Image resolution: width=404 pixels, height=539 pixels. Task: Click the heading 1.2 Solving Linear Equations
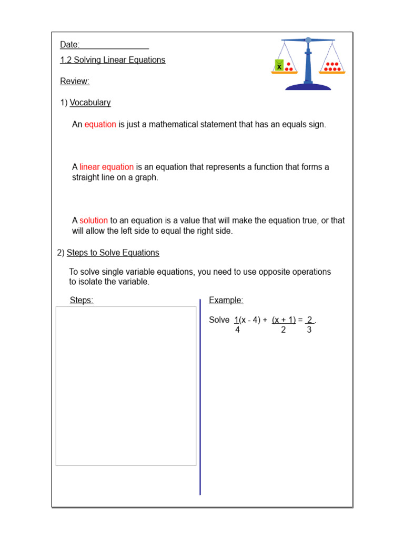tap(113, 60)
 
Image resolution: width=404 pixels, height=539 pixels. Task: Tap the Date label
tap(69, 45)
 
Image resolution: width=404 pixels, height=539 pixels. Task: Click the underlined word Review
tap(75, 81)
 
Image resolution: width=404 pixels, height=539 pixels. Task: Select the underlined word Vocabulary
tap(90, 103)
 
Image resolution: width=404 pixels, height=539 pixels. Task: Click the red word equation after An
tap(100, 125)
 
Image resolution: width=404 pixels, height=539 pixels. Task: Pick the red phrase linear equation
tap(106, 167)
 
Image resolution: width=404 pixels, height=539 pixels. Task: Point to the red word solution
tap(94, 221)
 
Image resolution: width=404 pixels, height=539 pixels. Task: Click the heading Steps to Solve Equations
tap(113, 253)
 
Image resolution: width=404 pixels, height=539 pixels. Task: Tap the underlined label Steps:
tap(82, 301)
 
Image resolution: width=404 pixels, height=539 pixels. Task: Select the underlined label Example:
tap(226, 301)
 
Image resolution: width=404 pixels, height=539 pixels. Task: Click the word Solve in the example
tap(219, 320)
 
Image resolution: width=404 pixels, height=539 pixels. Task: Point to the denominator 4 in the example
tap(237, 330)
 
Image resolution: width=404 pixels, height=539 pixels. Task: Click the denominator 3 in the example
tap(309, 330)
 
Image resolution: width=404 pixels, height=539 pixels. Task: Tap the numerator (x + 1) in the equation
tap(284, 320)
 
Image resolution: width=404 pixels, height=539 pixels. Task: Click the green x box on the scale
tap(279, 66)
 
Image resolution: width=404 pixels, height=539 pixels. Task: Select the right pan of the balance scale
tap(331, 71)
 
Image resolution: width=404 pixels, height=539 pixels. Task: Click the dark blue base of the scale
tap(308, 86)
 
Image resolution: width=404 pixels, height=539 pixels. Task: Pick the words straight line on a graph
tap(115, 178)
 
